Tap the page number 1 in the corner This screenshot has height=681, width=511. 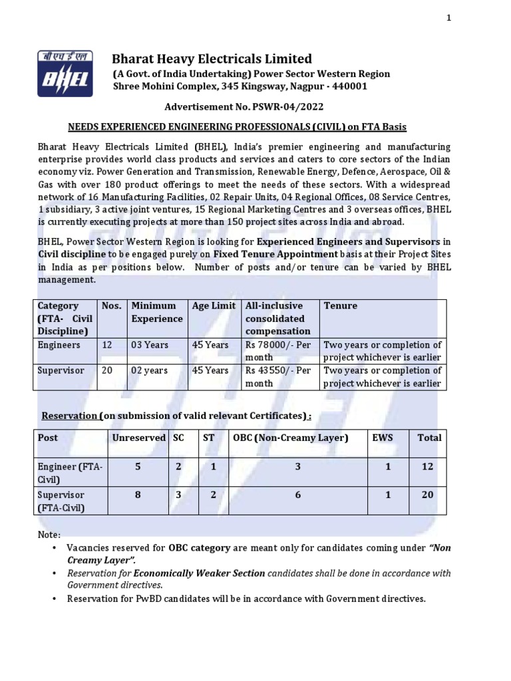point(449,18)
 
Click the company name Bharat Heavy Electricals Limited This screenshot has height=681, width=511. point(212,59)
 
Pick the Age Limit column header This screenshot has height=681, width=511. point(214,306)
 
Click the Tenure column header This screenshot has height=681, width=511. point(340,306)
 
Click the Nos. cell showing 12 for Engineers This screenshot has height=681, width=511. point(106,345)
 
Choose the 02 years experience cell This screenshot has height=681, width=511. point(150,370)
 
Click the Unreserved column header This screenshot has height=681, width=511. point(138,438)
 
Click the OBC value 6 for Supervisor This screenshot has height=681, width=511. point(297,495)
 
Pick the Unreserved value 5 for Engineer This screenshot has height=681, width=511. point(138,467)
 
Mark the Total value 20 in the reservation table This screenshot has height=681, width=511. point(427,495)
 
